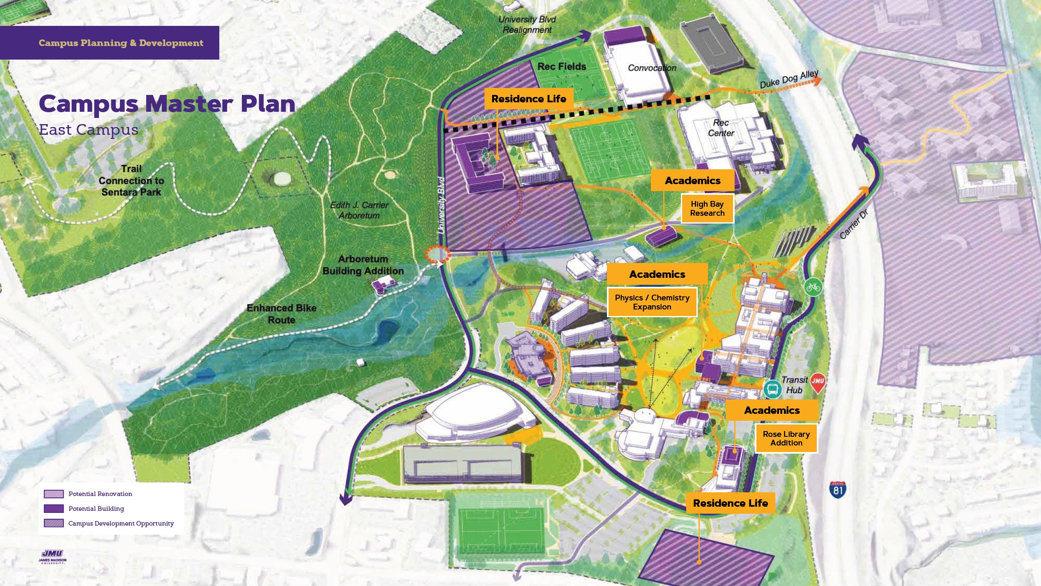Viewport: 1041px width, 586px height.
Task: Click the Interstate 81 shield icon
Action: point(838,490)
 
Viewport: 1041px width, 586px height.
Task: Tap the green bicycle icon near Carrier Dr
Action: point(813,287)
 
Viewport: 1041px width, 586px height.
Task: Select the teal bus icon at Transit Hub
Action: point(772,389)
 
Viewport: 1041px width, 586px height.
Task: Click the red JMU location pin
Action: point(818,382)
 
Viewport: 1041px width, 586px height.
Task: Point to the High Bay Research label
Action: point(707,209)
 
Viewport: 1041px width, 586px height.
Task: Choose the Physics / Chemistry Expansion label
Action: point(652,302)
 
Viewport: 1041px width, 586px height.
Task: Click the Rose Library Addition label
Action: point(786,438)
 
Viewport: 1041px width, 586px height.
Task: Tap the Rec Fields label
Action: point(561,67)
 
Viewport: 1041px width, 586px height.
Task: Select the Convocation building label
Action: point(652,68)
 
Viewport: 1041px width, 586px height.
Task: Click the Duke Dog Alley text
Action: point(788,79)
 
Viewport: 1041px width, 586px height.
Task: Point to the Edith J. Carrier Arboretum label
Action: point(359,210)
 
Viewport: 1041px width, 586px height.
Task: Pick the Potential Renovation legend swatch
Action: point(54,494)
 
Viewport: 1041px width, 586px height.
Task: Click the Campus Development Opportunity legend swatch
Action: point(54,523)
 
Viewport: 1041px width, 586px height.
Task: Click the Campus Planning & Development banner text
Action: point(121,43)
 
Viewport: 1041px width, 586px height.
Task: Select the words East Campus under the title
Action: point(88,130)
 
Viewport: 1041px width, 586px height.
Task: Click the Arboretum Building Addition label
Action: point(363,265)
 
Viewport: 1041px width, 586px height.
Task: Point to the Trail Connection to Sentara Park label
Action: point(131,180)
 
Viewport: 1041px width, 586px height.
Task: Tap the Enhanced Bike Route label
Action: point(281,314)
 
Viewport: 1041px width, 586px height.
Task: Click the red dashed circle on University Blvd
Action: point(437,254)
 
